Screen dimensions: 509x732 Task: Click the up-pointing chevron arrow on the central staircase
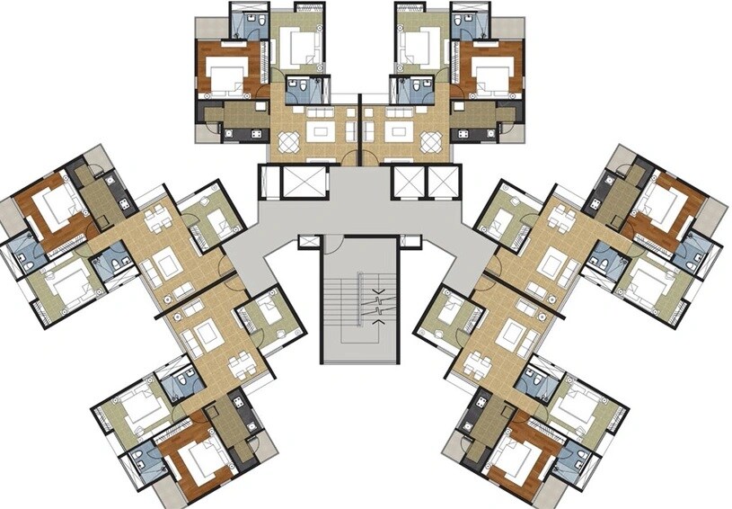[378, 292]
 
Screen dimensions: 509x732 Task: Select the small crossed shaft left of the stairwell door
[310, 241]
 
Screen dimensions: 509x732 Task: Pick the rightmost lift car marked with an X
[444, 182]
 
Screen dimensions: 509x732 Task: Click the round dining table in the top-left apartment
[290, 141]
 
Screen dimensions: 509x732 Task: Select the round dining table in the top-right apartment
[430, 141]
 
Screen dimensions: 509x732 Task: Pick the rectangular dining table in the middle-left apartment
[158, 218]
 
